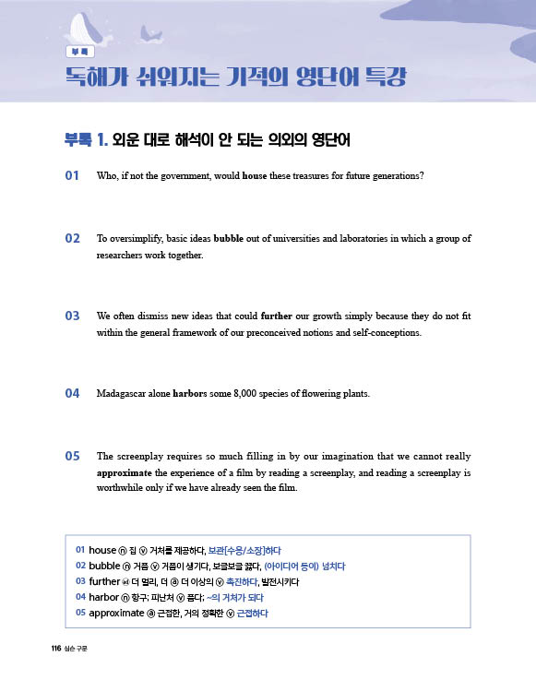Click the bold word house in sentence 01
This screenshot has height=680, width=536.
pyautogui.click(x=254, y=175)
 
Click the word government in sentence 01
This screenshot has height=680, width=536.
pyautogui.click(x=187, y=175)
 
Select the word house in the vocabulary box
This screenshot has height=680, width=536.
pyautogui.click(x=103, y=551)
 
